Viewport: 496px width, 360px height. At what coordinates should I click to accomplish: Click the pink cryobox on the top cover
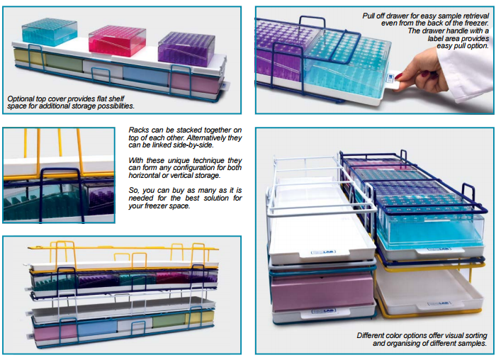coord(118,41)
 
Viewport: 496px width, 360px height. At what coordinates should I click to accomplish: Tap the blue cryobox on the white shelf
coord(50,32)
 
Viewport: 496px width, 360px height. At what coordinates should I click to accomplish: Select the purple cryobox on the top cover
coord(186,49)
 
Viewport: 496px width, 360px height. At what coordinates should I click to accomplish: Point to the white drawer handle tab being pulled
coord(393,82)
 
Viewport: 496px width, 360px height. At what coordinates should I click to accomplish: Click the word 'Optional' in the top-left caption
coord(21,99)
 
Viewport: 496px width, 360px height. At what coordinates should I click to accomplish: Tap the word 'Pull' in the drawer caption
coord(369,16)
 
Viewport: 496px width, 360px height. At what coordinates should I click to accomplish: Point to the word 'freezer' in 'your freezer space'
coord(155,206)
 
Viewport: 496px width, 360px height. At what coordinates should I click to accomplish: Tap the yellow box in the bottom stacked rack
coord(200,318)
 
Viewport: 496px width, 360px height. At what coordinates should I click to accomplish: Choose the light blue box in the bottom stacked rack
coord(97,327)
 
